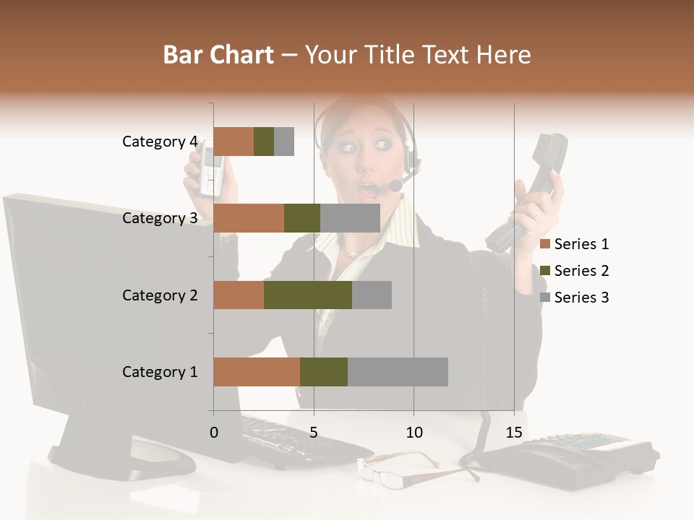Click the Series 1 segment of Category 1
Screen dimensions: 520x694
coord(257,372)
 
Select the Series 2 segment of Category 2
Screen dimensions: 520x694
coord(308,295)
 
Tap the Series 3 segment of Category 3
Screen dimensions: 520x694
coord(350,218)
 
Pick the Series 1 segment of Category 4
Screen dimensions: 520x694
coord(234,142)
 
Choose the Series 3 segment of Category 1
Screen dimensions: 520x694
coord(398,372)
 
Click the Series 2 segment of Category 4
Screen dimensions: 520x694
coord(264,142)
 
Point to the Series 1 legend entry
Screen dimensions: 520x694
coord(575,244)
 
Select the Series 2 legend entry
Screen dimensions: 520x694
coord(575,271)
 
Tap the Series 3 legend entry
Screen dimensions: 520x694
coord(575,298)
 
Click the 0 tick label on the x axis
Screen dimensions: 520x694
coord(214,433)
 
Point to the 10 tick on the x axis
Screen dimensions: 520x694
coord(414,433)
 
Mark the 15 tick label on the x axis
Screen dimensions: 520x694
coord(514,433)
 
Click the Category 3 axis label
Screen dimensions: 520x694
coord(160,218)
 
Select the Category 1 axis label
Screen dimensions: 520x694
coord(160,372)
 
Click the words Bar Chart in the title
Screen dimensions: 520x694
coord(218,55)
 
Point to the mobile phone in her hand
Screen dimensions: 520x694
coord(210,170)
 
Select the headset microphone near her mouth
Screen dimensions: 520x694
coord(395,186)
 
